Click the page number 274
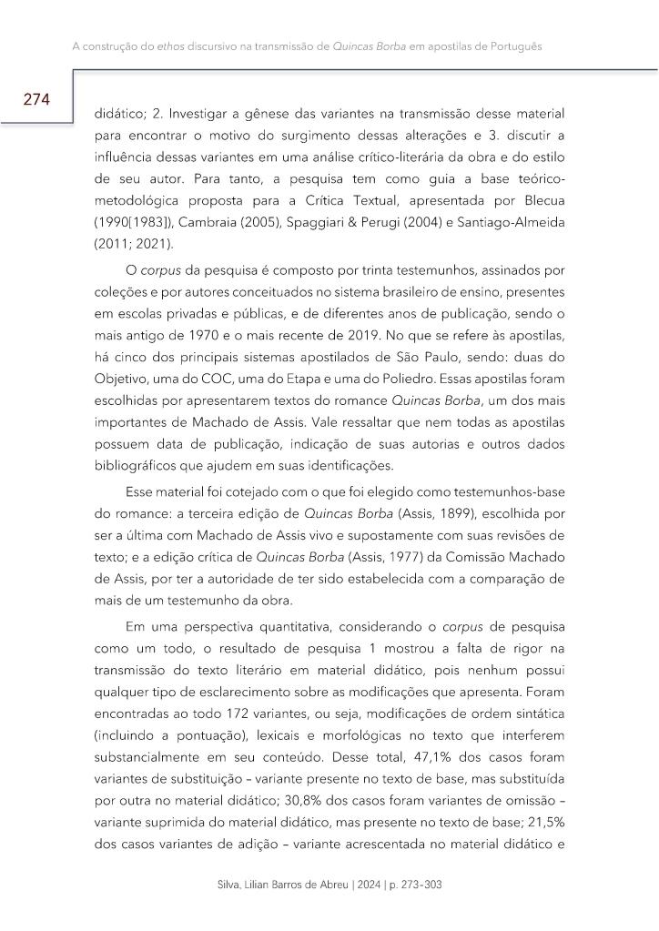[x=36, y=99]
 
